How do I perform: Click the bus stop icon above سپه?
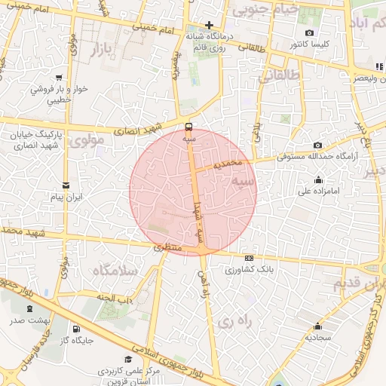pos(188,127)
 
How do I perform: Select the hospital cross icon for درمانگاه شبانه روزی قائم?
pos(209,25)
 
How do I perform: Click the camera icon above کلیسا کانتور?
pos(310,32)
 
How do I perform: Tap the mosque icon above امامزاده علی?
pos(317,179)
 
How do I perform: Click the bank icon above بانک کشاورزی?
pos(250,258)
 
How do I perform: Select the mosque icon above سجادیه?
pos(317,326)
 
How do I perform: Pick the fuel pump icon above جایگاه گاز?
pos(76,329)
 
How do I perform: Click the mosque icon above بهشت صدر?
pos(29,309)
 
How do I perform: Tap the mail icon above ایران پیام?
pos(66,185)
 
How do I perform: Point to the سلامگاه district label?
pos(114,269)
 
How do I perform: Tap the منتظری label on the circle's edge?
pos(168,247)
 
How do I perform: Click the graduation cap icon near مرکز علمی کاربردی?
pos(129,360)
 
